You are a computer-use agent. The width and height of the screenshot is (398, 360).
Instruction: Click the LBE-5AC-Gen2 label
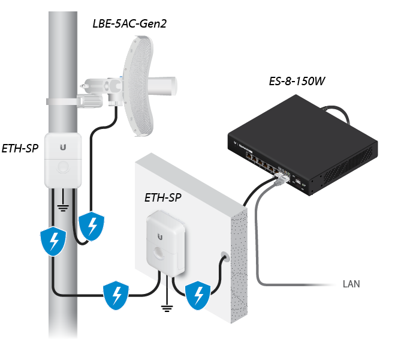(129, 24)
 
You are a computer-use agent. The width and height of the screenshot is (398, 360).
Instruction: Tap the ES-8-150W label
(297, 81)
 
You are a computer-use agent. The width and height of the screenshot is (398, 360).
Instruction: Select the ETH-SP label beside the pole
(20, 149)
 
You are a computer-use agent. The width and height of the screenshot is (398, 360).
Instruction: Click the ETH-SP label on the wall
(162, 197)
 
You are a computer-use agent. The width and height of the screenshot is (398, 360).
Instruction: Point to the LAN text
(351, 284)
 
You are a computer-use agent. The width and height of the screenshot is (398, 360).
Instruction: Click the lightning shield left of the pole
(53, 241)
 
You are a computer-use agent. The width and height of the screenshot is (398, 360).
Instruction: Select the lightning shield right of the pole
(92, 226)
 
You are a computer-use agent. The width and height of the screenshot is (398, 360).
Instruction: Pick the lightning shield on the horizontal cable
(116, 295)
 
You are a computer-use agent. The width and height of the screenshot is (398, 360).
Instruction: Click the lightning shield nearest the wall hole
(198, 295)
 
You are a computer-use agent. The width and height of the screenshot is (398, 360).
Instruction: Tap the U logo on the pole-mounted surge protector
(63, 147)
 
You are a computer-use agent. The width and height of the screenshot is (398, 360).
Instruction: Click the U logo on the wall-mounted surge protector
(160, 237)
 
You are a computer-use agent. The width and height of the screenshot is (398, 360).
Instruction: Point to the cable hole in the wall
(224, 256)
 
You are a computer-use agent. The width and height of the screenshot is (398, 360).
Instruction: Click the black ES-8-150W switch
(303, 145)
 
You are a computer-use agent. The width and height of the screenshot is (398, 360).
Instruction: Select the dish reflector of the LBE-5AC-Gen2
(138, 86)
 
